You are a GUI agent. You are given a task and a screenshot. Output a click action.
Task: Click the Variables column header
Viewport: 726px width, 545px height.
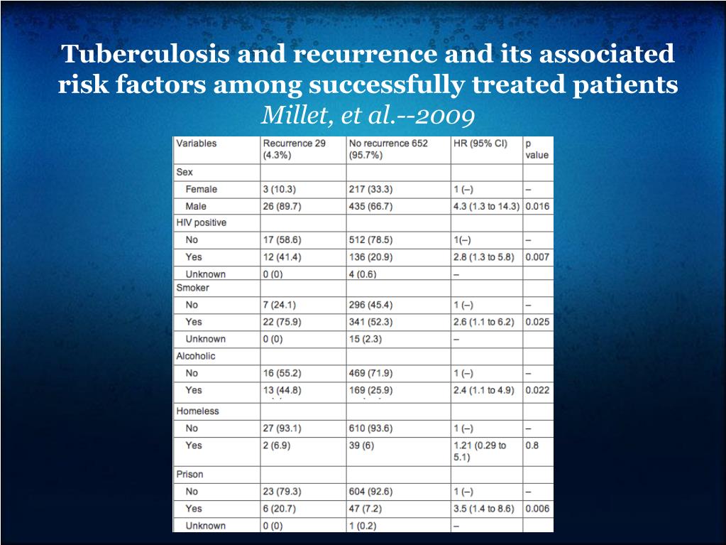click(x=197, y=143)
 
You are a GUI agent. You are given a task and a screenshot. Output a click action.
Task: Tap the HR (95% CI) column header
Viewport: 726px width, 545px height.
click(x=480, y=143)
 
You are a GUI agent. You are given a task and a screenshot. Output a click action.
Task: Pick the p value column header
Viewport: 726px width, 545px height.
click(x=537, y=149)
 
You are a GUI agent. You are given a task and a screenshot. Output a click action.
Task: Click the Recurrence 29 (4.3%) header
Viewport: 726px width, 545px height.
click(x=295, y=149)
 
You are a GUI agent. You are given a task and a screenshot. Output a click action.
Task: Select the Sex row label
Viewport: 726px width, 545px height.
click(x=185, y=172)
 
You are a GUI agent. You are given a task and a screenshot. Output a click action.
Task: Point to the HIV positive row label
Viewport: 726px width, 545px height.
click(x=202, y=222)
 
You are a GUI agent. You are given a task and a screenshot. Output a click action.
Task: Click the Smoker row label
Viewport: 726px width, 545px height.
click(x=192, y=288)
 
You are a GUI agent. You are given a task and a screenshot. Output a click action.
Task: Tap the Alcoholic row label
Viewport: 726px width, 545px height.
click(x=196, y=356)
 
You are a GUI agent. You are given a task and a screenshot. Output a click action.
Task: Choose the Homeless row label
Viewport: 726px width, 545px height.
click(x=197, y=411)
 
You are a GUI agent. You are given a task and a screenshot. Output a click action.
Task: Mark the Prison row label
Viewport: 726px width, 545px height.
click(x=189, y=474)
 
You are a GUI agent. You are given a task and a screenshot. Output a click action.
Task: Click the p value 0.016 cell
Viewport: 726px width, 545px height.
click(x=537, y=206)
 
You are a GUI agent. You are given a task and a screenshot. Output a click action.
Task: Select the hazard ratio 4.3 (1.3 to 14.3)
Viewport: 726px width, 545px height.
click(x=486, y=206)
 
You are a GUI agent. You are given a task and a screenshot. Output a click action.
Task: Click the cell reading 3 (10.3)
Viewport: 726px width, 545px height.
click(x=280, y=189)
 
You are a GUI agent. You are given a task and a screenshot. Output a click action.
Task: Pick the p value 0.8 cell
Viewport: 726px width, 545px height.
click(x=532, y=446)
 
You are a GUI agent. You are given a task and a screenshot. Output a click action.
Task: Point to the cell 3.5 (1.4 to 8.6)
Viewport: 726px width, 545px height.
click(x=483, y=509)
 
